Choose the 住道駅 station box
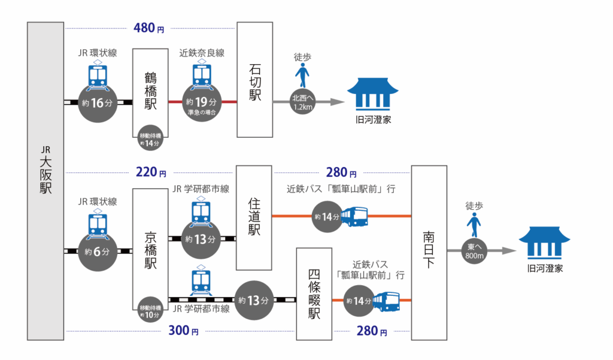(x=254, y=217)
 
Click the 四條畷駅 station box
(x=314, y=294)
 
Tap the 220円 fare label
(x=150, y=173)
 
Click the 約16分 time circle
(x=97, y=102)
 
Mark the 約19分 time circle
(x=201, y=102)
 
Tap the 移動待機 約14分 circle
(x=150, y=138)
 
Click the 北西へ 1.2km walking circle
(x=302, y=102)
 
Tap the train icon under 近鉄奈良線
(x=201, y=75)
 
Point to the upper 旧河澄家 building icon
(x=373, y=94)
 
